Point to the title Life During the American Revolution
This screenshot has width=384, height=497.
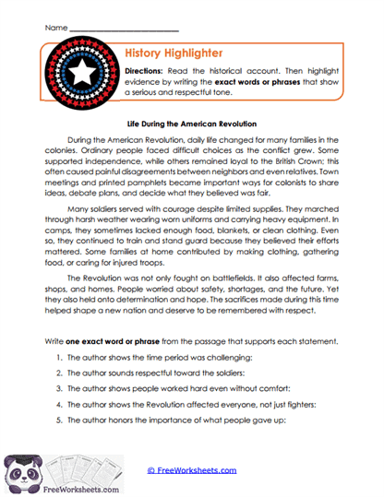click(192, 122)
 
